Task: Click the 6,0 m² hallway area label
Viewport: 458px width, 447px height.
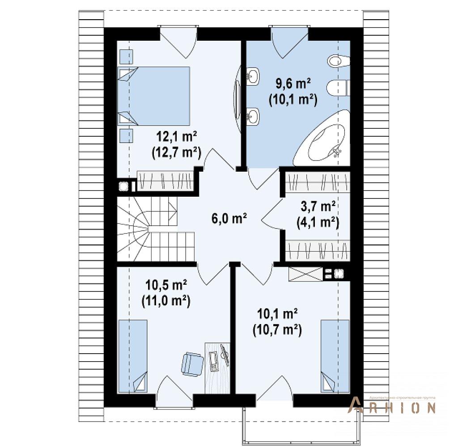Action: point(229,219)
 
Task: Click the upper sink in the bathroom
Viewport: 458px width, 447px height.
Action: point(253,76)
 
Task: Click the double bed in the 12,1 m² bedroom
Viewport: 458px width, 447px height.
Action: point(154,96)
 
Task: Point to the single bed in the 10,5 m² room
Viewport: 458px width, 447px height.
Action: point(132,356)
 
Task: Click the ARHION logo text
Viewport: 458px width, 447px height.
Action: point(391,408)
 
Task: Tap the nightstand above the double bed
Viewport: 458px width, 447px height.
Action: point(126,57)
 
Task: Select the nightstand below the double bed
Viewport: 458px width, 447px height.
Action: point(126,135)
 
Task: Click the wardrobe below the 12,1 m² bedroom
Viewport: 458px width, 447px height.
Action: point(165,181)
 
